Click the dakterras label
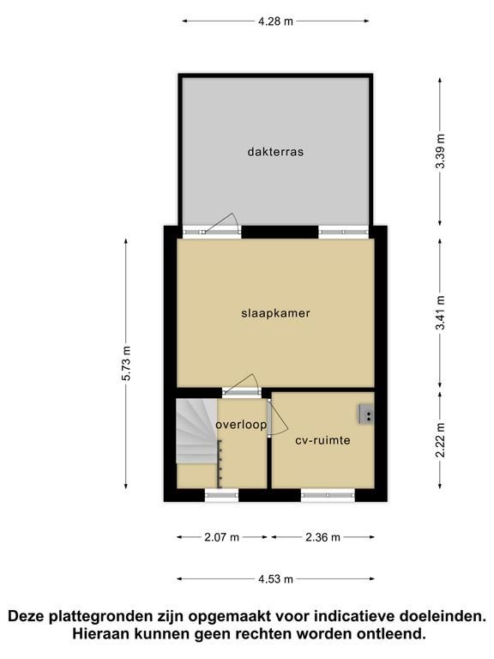[x=275, y=151]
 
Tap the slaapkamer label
[x=275, y=313]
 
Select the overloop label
[x=241, y=425]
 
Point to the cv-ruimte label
[x=322, y=440]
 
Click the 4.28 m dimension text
[x=275, y=21]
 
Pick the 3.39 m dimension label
[x=440, y=151]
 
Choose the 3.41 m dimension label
[x=440, y=313]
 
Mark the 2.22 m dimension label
[x=440, y=440]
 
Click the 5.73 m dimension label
[x=126, y=363]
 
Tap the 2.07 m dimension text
[x=222, y=537]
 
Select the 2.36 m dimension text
[x=322, y=537]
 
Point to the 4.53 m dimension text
[x=275, y=579]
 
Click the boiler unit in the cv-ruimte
[x=366, y=415]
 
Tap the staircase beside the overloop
[x=196, y=431]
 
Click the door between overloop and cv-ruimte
[x=276, y=417]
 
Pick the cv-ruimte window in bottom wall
[x=328, y=495]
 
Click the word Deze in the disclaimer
[x=27, y=616]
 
